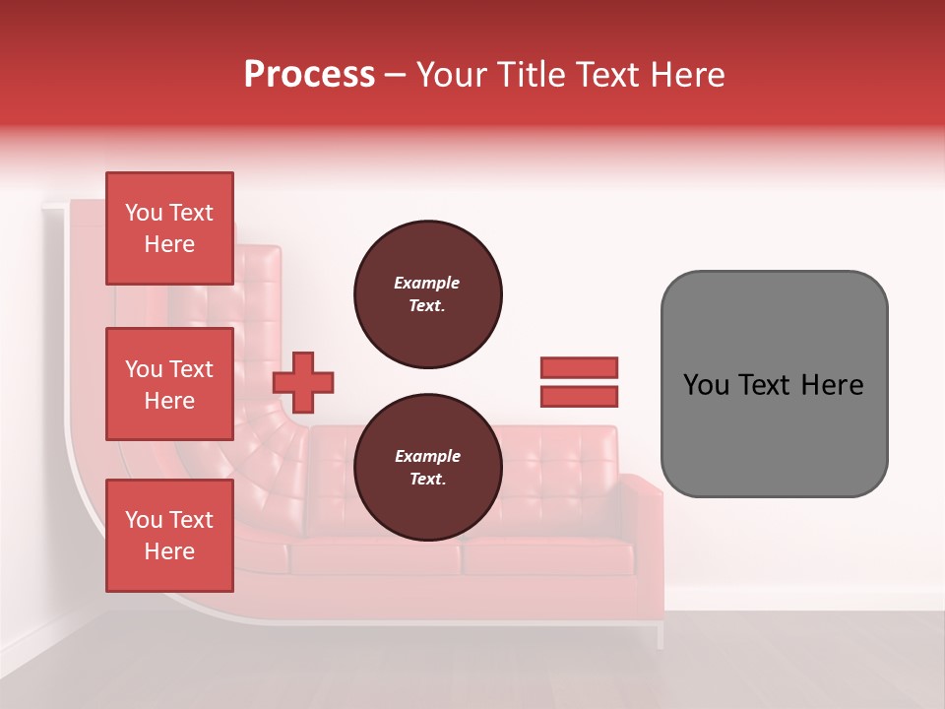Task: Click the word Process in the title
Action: tap(309, 75)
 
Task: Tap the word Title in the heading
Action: tap(530, 75)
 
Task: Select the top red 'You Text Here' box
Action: tap(169, 228)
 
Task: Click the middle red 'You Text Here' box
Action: tap(169, 384)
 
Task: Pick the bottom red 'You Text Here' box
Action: tap(169, 536)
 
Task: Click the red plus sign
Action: tap(303, 381)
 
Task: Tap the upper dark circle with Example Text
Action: tap(427, 294)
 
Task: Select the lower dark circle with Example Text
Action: tap(427, 468)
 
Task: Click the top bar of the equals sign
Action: tap(579, 367)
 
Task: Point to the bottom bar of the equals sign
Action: tap(579, 397)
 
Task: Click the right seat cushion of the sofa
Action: tap(547, 557)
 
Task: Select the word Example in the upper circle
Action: tap(427, 283)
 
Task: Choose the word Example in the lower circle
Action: tap(427, 456)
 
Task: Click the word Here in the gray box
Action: tap(833, 385)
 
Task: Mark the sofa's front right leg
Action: tap(661, 634)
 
